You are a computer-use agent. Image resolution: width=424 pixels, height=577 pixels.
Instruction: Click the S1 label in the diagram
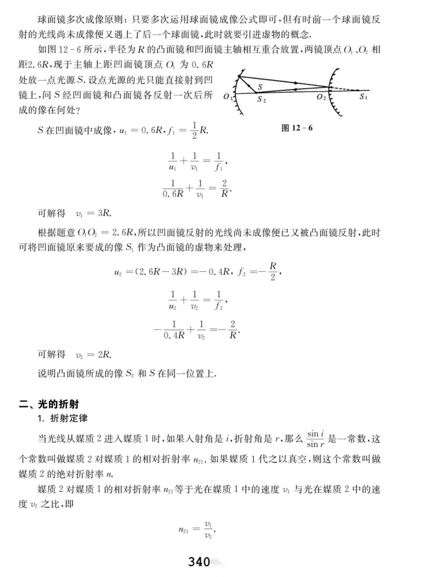tap(363, 97)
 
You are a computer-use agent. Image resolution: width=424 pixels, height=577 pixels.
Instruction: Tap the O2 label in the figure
tap(321, 97)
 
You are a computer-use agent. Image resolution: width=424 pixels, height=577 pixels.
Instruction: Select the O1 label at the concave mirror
tap(228, 96)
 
